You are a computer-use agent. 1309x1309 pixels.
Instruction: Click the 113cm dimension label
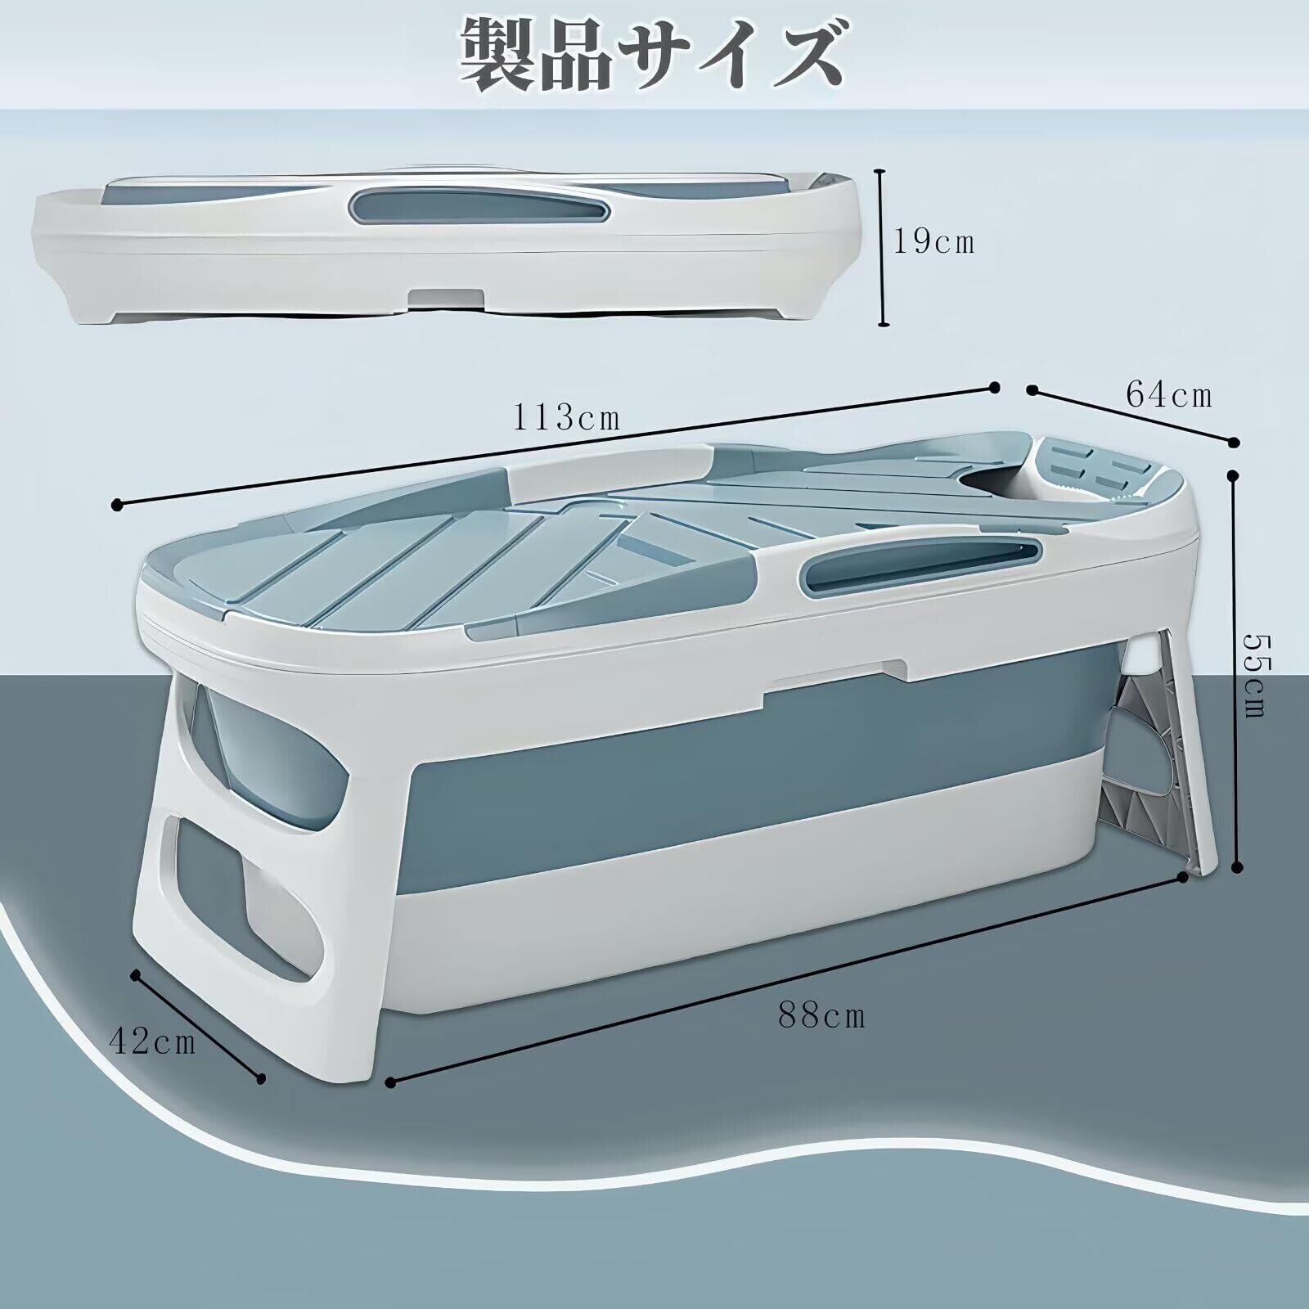click(x=566, y=418)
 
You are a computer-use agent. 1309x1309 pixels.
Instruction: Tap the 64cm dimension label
click(x=1169, y=395)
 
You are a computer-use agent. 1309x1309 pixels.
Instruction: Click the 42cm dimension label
click(x=153, y=1042)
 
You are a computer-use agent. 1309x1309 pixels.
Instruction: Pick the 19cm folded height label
click(x=933, y=242)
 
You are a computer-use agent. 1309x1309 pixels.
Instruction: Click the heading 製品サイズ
click(x=652, y=55)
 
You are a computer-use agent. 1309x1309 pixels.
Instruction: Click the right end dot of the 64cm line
click(x=1234, y=442)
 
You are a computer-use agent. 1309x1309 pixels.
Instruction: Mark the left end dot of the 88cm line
click(x=390, y=1082)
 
